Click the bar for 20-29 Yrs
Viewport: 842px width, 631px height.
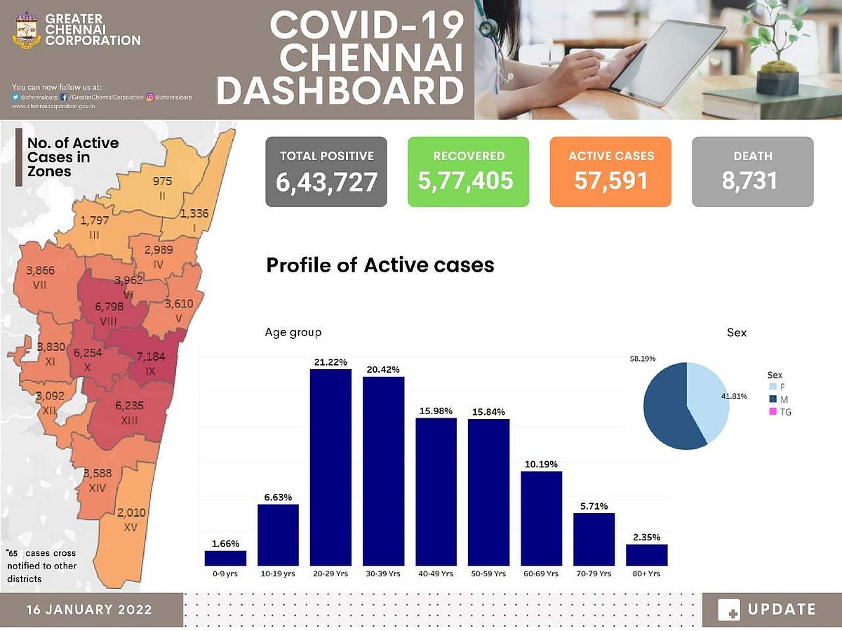tap(330, 467)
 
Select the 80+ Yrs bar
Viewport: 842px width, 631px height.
tap(647, 554)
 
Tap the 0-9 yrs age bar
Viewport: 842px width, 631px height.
tap(225, 558)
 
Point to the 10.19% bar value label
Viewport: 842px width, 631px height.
tap(541, 463)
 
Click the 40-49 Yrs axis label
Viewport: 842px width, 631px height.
tap(436, 573)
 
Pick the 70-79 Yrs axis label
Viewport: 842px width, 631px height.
tap(594, 573)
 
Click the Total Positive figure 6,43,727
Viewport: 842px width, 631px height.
tap(327, 182)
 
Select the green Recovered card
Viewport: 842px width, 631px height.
tap(468, 172)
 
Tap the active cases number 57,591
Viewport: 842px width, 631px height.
tap(610, 180)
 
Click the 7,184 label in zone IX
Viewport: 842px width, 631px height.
tap(150, 356)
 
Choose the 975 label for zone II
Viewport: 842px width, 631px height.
tap(162, 181)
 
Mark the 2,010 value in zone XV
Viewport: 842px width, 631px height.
tap(131, 512)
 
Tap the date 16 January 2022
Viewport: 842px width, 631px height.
tap(89, 609)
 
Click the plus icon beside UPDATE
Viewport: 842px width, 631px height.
tap(729, 610)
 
